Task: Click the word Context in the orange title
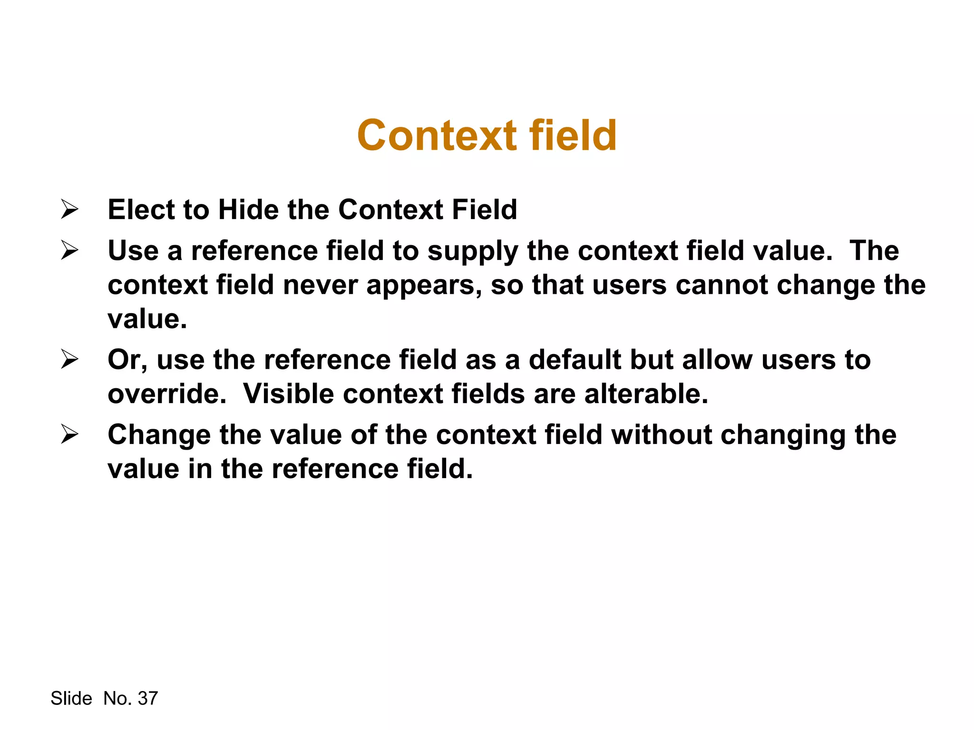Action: [437, 136]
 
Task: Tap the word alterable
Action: [646, 394]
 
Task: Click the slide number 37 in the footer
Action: [147, 698]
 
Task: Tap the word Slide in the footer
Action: [71, 698]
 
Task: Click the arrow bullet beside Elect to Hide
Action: [69, 210]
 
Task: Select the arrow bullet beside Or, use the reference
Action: [69, 360]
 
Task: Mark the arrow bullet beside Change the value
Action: [69, 434]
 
